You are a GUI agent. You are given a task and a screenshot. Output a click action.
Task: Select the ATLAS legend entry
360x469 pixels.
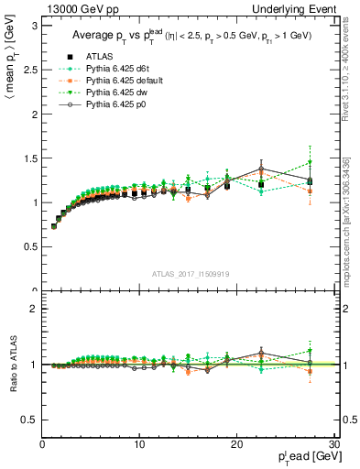104,57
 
